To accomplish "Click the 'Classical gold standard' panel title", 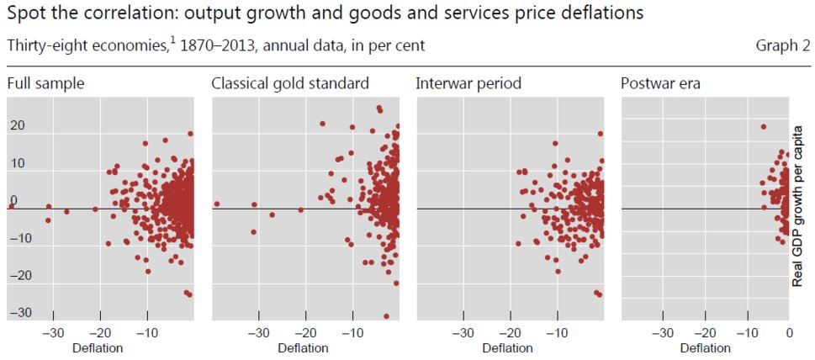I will pos(290,83).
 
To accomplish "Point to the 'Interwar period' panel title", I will pos(468,83).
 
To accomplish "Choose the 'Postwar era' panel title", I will pos(661,83).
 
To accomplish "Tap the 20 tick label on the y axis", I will pos(18,126).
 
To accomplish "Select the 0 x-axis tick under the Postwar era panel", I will pos(789,333).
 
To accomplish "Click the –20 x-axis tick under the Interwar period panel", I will pos(510,333).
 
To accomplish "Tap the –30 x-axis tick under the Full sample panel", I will pos(52,333).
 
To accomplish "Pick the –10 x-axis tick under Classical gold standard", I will pos(351,333).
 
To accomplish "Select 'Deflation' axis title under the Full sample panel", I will pos(98,347).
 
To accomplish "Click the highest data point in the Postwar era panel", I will pos(763,127).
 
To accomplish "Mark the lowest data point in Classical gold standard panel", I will pos(386,316).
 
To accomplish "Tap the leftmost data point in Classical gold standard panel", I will pos(216,204).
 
